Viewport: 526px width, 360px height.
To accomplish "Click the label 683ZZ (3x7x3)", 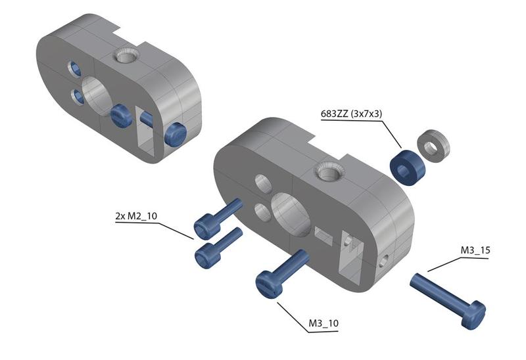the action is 351,114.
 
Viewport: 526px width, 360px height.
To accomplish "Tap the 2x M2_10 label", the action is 136,216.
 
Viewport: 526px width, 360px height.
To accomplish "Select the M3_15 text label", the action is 475,250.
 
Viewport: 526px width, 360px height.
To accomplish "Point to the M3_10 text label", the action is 323,323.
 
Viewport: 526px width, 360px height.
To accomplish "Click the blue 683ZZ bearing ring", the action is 407,168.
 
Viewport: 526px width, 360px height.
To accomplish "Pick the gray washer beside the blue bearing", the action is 433,146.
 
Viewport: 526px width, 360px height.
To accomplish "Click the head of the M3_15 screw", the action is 473,315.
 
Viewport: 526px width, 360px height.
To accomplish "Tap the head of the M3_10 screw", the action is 269,284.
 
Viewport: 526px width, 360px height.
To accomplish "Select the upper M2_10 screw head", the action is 206,227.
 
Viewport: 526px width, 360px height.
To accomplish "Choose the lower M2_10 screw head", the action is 207,256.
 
